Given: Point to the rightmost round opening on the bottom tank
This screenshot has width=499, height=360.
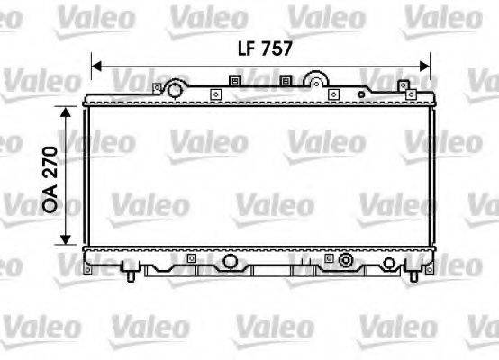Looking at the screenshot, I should pyautogui.click(x=388, y=262).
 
